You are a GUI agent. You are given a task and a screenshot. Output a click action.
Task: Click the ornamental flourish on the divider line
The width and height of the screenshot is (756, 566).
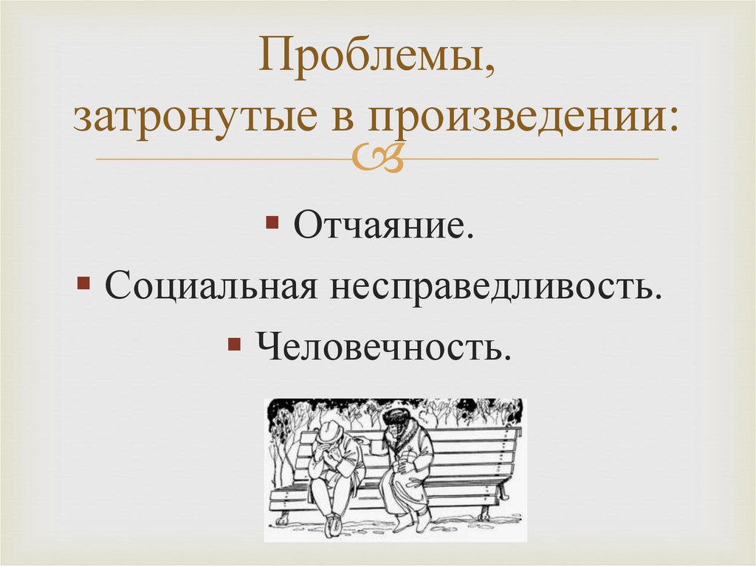pos(377,157)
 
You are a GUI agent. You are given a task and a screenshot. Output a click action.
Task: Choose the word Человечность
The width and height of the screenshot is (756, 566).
pos(383,344)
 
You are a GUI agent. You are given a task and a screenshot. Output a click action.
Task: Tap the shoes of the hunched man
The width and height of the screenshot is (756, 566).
pos(334,525)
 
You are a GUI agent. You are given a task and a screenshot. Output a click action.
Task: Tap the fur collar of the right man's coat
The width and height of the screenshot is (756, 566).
pos(403,435)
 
